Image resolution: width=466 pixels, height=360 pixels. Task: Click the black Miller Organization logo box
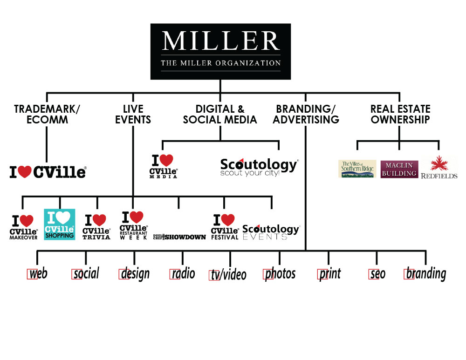(220, 51)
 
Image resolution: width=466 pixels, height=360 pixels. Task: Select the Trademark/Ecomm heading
(47, 114)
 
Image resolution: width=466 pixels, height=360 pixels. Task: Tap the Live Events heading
(133, 114)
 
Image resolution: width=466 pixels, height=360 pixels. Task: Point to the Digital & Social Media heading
(220, 114)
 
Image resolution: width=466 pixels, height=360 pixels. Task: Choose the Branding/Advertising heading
(306, 114)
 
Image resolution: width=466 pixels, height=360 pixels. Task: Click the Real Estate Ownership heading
(400, 114)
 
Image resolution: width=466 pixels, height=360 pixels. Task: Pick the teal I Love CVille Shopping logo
(60, 224)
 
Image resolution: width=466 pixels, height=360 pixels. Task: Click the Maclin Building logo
(399, 169)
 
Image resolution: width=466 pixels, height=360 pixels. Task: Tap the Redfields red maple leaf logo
(439, 168)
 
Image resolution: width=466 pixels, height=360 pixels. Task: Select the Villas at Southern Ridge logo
(357, 169)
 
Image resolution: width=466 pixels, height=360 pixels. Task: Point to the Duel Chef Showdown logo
(179, 237)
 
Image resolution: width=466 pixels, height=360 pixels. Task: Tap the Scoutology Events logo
(271, 231)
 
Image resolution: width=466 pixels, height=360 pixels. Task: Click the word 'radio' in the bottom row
(183, 273)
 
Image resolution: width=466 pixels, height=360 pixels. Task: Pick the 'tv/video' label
(228, 275)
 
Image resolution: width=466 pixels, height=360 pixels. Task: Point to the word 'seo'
(377, 274)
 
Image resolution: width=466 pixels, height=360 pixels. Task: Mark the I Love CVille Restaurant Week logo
(134, 225)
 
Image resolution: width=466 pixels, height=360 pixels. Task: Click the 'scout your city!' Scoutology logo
(259, 168)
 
